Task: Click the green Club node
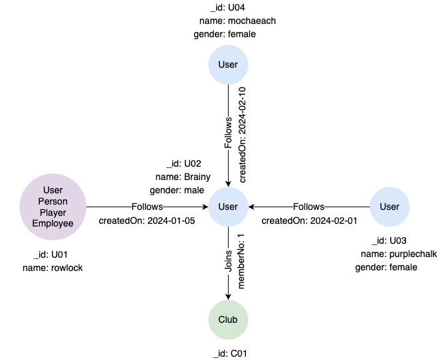pyautogui.click(x=228, y=319)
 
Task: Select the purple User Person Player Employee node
pyautogui.click(x=53, y=207)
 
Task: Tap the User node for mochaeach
pyautogui.click(x=228, y=64)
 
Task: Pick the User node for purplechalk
pyautogui.click(x=389, y=207)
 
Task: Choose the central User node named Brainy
pyautogui.click(x=228, y=207)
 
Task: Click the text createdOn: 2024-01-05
pyautogui.click(x=147, y=221)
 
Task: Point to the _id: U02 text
pyautogui.click(x=183, y=163)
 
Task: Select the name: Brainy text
pyautogui.click(x=183, y=177)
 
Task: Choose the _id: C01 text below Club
pyautogui.click(x=228, y=353)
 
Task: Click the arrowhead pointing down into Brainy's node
pyautogui.click(x=228, y=183)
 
